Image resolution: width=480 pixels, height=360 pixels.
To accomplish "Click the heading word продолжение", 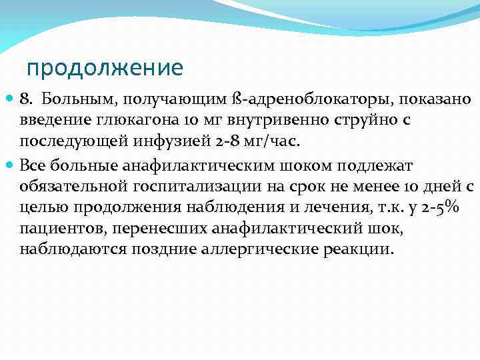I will click(105, 68).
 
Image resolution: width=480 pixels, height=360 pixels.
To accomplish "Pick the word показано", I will click(437, 100).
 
